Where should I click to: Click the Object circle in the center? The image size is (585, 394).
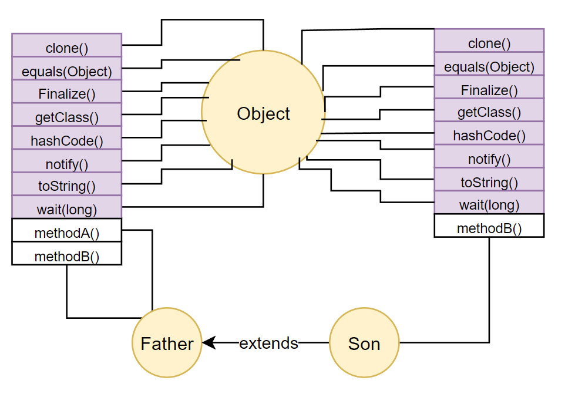[263, 113]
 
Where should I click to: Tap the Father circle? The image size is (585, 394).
[167, 344]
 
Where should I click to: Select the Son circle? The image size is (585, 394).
[364, 344]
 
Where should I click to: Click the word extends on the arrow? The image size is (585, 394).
[269, 343]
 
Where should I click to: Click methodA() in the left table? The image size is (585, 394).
[66, 233]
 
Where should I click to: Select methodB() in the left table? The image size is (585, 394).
[66, 256]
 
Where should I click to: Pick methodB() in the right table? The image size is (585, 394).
[489, 228]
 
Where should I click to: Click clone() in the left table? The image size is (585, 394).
[66, 48]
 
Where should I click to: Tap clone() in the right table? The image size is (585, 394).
[489, 43]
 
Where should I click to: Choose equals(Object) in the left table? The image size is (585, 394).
[66, 71]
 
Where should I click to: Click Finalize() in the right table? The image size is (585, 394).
[489, 90]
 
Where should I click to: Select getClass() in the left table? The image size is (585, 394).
[66, 117]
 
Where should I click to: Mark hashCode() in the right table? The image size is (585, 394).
[489, 136]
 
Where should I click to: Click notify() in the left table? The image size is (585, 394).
[66, 163]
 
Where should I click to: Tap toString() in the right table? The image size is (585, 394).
[489, 182]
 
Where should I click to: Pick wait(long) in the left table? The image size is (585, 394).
[66, 209]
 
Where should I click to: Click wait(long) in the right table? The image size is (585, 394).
[489, 205]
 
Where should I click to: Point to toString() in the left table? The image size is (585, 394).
[66, 186]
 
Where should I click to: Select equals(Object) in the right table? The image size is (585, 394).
[489, 66]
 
